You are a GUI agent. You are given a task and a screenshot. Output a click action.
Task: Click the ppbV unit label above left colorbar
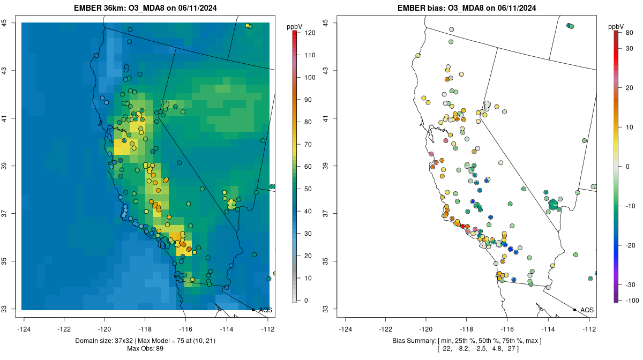[295, 26]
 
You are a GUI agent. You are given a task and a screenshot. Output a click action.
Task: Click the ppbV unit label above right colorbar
[617, 26]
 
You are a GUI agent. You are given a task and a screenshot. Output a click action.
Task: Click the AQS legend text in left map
[266, 310]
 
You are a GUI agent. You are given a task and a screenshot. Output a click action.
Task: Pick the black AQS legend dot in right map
[574, 310]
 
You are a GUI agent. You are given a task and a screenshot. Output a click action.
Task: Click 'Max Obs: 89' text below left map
[145, 349]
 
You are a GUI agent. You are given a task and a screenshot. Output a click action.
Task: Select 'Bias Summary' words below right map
[410, 341]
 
